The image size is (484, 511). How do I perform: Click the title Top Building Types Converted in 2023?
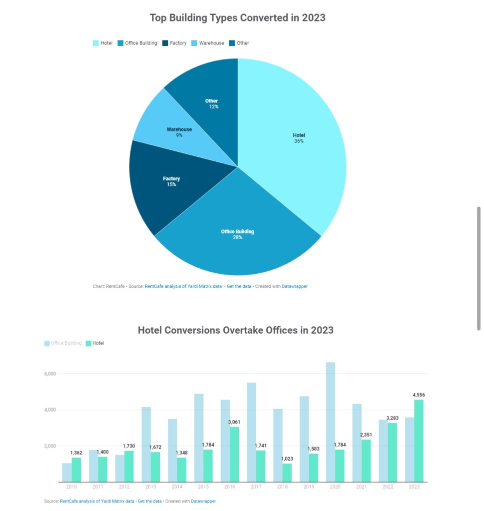pos(237,18)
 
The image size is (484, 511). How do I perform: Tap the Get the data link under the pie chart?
pos(239,286)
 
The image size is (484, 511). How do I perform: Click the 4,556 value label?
pos(419,395)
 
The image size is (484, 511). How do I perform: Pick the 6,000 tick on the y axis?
pos(50,374)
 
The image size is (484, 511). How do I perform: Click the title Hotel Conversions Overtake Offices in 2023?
pos(235,330)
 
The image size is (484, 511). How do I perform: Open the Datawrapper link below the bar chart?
pos(203,501)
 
